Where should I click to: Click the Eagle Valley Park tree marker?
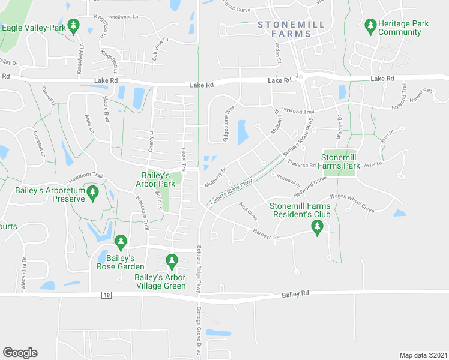tap(74, 26)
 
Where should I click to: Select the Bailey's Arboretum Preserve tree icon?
tap(92, 192)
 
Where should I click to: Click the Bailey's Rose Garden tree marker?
tap(121, 242)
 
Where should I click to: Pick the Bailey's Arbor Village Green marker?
tap(172, 260)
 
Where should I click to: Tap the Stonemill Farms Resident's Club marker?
tap(318, 226)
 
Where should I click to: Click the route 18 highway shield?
tap(107, 295)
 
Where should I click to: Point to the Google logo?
tap(20, 353)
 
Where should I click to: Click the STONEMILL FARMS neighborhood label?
tap(291, 29)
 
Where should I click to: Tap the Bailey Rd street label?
tap(297, 293)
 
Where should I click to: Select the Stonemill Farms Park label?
tap(343, 161)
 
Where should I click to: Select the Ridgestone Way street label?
tap(228, 123)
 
